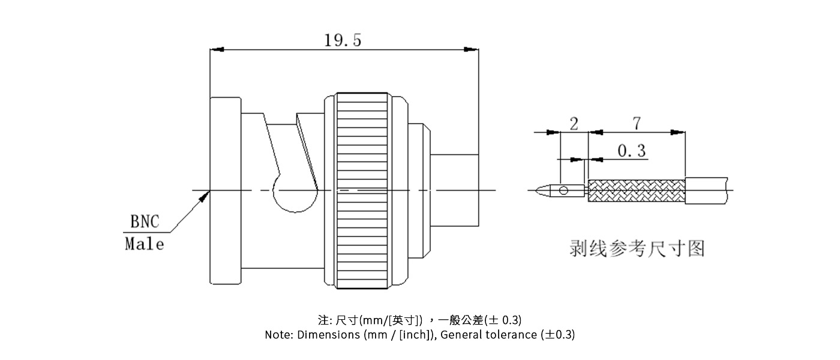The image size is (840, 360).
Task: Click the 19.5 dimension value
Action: click(x=343, y=40)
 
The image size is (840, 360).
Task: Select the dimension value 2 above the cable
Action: click(x=574, y=124)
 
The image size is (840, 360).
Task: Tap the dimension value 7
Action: click(x=636, y=123)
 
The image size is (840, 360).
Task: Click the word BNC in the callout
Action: click(x=145, y=222)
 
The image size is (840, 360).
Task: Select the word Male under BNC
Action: click(x=144, y=244)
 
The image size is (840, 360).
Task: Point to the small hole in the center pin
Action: click(x=563, y=191)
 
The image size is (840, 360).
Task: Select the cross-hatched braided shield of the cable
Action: click(x=636, y=191)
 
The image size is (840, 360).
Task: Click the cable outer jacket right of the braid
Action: click(x=708, y=190)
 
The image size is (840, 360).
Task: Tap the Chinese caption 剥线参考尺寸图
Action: click(x=636, y=248)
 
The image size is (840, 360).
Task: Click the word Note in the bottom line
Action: click(x=278, y=335)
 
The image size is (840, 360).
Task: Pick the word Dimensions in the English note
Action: click(x=328, y=335)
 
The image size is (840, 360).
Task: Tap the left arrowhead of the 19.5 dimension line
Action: click(x=217, y=50)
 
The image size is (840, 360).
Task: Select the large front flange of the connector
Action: click(x=225, y=190)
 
